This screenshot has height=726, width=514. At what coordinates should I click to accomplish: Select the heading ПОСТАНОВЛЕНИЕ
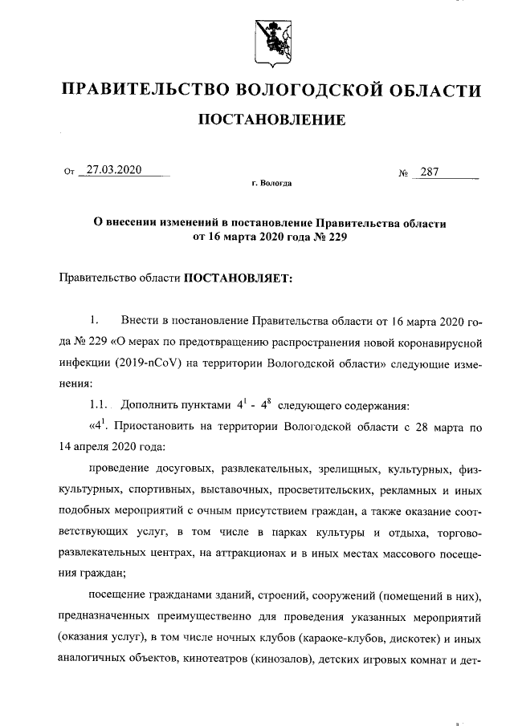pos(271,121)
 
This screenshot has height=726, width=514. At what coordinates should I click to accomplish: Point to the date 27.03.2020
pos(114,170)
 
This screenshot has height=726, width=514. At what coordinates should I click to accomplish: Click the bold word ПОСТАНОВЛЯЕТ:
pos(239,279)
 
